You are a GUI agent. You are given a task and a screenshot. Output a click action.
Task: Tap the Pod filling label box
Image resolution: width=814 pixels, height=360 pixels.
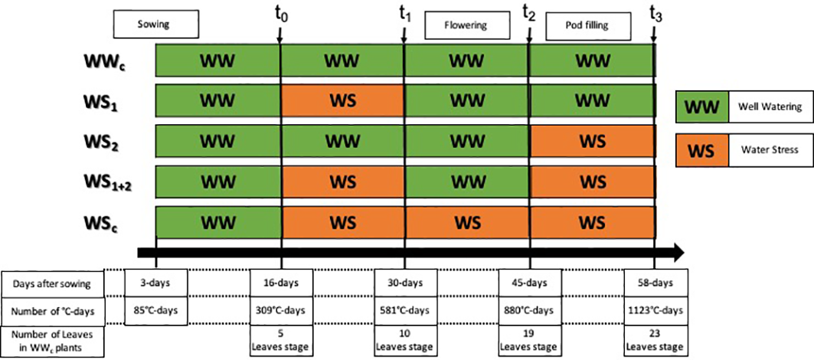(x=587, y=28)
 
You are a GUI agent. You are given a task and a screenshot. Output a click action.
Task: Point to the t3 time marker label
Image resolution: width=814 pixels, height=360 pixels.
(x=655, y=12)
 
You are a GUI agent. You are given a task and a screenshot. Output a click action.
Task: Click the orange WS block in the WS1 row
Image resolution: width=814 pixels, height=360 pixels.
(x=342, y=100)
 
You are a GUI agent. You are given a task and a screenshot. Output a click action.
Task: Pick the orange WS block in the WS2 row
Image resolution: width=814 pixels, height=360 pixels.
(x=591, y=141)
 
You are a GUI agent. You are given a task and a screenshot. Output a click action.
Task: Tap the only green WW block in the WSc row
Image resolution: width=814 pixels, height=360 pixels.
(x=217, y=223)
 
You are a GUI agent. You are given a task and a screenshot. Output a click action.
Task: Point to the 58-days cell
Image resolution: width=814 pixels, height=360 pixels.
(x=655, y=283)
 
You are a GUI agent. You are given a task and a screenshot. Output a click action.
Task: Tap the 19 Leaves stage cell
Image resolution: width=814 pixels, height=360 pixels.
(x=529, y=341)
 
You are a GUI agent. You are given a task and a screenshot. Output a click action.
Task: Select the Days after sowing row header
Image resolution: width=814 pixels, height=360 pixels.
(x=52, y=283)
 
